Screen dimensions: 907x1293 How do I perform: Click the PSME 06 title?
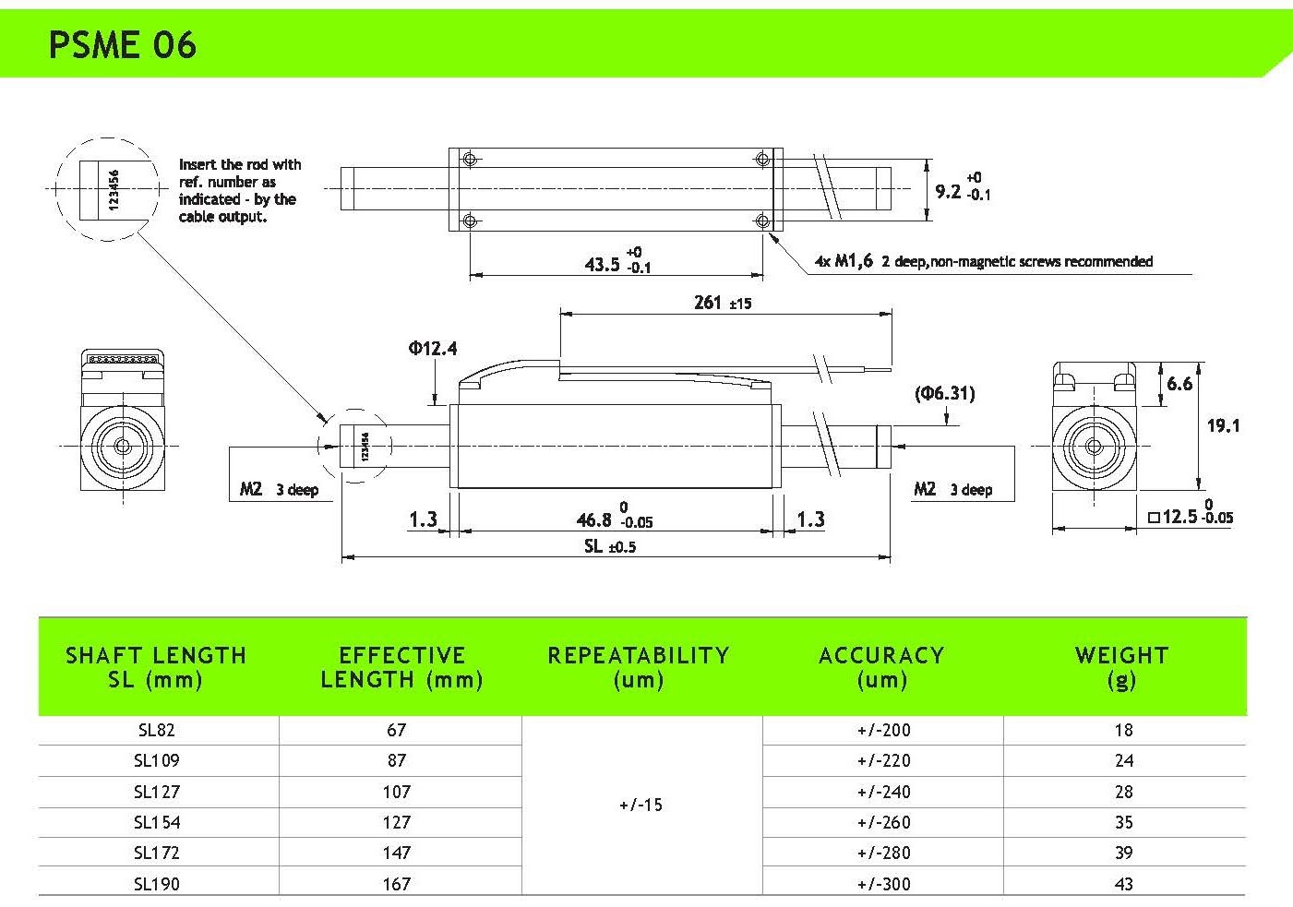122,44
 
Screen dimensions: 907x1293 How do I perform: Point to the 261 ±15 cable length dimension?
722,303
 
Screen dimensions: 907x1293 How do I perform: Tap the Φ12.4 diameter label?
432,348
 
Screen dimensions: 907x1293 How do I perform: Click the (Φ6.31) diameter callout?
944,393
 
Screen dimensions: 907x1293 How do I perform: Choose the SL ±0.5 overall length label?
609,546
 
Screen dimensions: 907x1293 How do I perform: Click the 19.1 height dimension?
1223,425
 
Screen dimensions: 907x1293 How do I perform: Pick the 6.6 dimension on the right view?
1179,383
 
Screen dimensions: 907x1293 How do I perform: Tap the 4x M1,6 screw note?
983,261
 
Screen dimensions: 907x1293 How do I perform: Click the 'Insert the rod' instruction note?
239,190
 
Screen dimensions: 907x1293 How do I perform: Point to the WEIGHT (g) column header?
1121,667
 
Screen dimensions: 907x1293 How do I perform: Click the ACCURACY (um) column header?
881,667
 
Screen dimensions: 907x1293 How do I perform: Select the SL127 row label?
157,792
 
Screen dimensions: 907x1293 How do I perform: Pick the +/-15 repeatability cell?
641,805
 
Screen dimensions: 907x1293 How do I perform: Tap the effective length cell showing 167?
397,884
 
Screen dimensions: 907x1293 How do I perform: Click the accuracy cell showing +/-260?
883,822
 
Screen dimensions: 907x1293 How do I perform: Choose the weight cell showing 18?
1123,730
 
